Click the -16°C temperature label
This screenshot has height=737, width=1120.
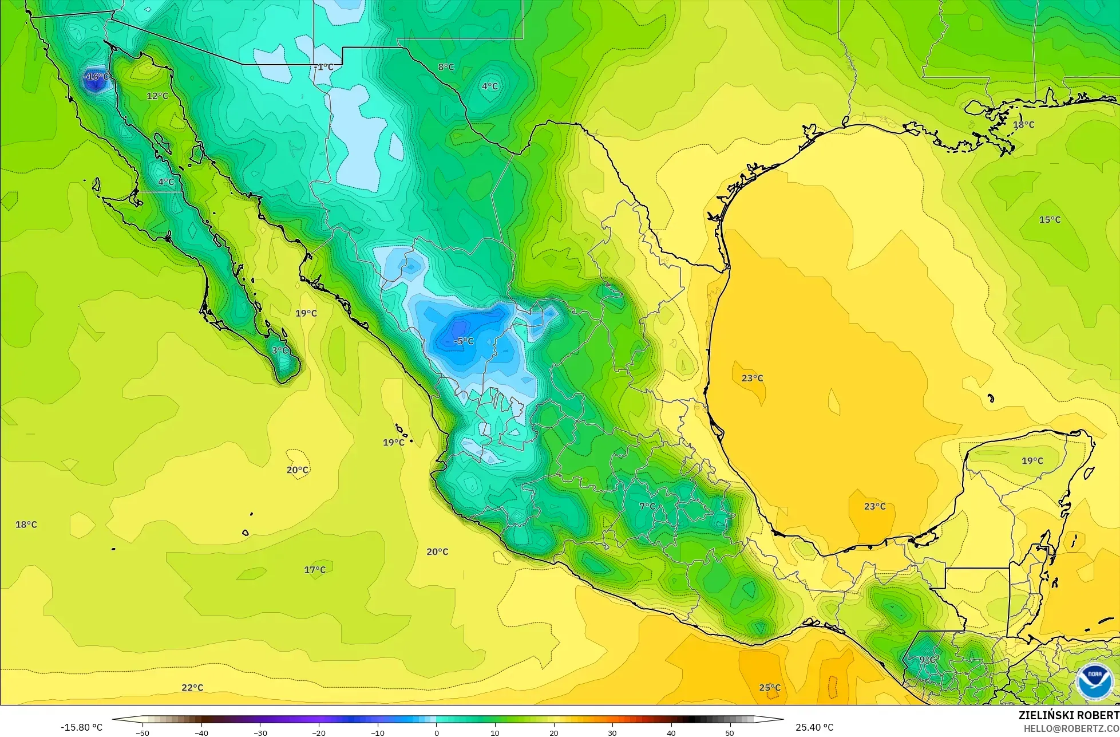[96, 77]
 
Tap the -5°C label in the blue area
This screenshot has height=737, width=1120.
[464, 341]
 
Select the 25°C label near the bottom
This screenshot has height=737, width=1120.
[770, 688]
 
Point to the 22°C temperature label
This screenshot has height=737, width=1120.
[192, 688]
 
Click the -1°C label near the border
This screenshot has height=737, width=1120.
[324, 67]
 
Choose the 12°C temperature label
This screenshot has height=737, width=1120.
[157, 96]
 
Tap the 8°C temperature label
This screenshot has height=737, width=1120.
[446, 67]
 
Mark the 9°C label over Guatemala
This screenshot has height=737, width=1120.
[927, 660]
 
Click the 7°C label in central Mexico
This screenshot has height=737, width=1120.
[647, 506]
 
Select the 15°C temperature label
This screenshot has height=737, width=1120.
[1050, 220]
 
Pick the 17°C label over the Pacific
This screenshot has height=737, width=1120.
[315, 570]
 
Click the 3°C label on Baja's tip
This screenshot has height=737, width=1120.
[280, 350]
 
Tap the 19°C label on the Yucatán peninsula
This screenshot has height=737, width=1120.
[1032, 461]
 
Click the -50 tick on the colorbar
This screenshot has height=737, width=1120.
[143, 733]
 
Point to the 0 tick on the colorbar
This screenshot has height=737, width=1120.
[436, 733]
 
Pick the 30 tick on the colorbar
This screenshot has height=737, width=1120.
[612, 733]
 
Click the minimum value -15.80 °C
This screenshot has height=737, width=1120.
[81, 728]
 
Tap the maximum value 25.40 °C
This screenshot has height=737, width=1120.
[814, 728]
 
